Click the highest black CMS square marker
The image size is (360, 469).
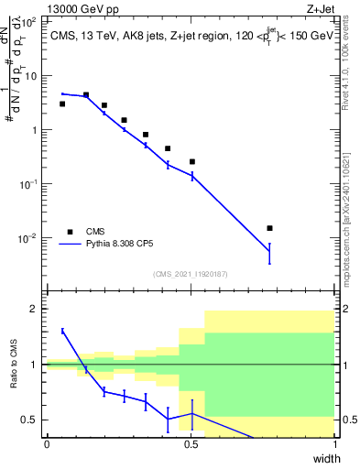point(86,94)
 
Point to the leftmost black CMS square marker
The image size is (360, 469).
point(62,104)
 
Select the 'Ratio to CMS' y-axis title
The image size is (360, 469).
point(15,366)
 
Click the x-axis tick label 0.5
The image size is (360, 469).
point(191,445)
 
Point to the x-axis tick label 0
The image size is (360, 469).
point(47,445)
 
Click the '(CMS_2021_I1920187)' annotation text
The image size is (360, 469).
point(191,274)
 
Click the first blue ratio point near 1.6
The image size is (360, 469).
point(62,331)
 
